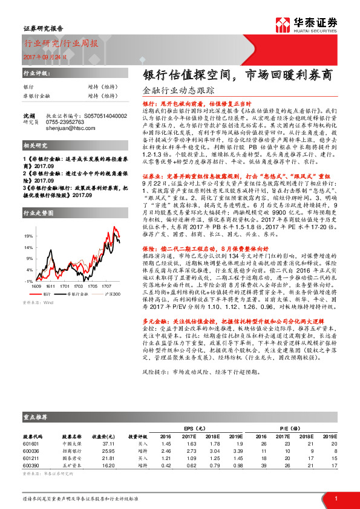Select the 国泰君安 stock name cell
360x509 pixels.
tap(71, 459)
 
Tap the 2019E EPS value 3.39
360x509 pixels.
tap(237, 451)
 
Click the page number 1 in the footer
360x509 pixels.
tap(336, 498)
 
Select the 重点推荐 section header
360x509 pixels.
tap(37, 417)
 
